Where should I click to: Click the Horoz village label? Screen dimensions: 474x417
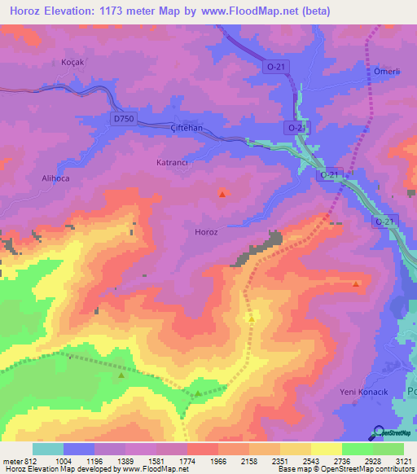tap(206, 232)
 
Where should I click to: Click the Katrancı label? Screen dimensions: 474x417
tap(172, 163)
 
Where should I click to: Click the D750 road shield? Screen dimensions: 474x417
tap(124, 119)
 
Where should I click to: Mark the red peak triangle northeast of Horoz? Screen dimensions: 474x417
tap(223, 193)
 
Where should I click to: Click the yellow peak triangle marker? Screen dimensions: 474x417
tap(252, 318)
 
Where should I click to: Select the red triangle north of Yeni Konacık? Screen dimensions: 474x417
tap(356, 283)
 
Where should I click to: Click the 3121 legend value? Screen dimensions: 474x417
tap(403, 460)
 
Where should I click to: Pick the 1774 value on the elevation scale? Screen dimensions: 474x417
tap(187, 460)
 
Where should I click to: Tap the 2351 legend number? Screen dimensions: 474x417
tap(279, 460)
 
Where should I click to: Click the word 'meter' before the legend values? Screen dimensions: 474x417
tap(10, 460)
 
